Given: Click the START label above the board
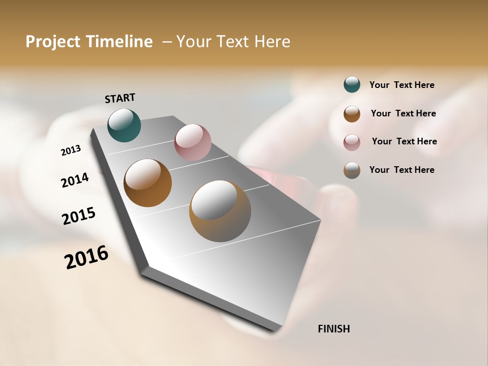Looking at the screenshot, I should (120, 98).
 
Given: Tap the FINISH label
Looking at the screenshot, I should (333, 329).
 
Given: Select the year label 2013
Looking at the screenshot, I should (71, 150).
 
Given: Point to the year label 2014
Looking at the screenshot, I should (75, 180).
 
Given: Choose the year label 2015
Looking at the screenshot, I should (79, 216).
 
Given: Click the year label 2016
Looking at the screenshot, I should (86, 257).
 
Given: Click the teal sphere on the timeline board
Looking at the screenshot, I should (124, 125).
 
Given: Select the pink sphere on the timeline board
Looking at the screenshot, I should (193, 142).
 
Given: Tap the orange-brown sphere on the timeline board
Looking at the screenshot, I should (147, 183).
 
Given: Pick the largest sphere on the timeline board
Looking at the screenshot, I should (220, 211).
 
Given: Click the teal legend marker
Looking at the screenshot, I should (352, 84).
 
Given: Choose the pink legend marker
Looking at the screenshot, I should (352, 142).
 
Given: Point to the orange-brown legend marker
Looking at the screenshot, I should (352, 114).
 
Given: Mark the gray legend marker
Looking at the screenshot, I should (352, 170).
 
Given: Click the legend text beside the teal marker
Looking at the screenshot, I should (402, 85).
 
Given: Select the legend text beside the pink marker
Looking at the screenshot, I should (404, 141).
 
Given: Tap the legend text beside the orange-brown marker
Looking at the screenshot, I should (403, 113).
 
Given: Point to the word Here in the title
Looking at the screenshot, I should (272, 42).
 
